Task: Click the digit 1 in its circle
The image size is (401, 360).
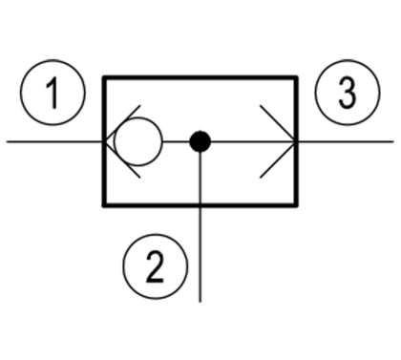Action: coord(53,94)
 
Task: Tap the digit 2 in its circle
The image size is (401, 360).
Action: coord(156,266)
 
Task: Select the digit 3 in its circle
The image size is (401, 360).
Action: coord(348,93)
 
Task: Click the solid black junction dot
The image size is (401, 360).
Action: coord(200,141)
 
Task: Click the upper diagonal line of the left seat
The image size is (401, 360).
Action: coord(122,123)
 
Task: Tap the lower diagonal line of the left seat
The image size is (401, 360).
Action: coord(122,159)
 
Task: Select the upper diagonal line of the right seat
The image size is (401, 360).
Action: coord(278,123)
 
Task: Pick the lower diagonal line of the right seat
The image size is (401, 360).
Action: coord(278,159)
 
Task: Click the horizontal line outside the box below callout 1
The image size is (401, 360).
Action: coord(54,141)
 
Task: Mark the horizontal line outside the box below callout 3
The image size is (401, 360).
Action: coord(346,141)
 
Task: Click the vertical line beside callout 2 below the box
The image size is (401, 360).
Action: coord(200,255)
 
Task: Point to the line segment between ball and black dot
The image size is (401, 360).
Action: coord(176,141)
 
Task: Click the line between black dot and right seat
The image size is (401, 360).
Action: coord(252,141)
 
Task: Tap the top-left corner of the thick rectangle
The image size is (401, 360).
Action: coord(104,77)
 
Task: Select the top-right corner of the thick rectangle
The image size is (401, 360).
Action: coord(296,77)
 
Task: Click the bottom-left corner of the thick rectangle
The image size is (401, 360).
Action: coord(104,205)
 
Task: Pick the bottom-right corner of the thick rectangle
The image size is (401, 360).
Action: coord(296,205)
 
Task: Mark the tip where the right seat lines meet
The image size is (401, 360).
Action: coord(295,141)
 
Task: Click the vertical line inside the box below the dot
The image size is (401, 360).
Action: coord(200,178)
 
